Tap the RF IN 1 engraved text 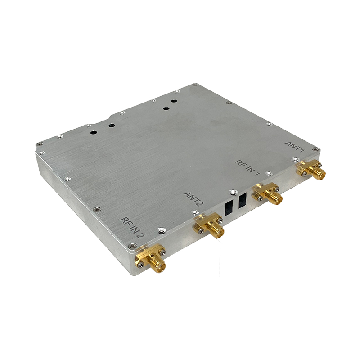tap(247, 166)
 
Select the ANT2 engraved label tap(194, 199)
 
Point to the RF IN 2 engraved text tap(133, 227)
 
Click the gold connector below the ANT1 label tap(310, 171)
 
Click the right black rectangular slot tap(243, 199)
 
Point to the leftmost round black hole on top tap(95, 133)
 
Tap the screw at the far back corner tap(194, 85)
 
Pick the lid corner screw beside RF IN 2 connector tap(131, 246)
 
